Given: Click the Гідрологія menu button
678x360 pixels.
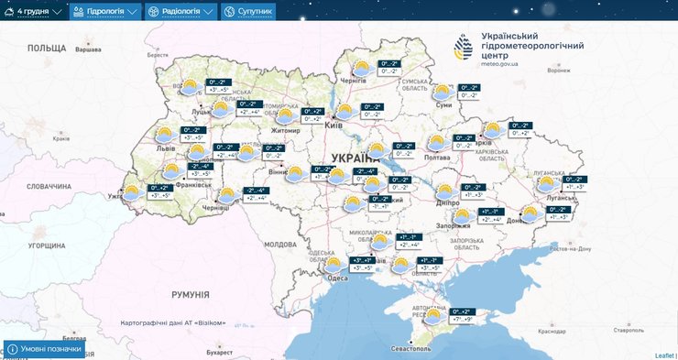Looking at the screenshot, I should point(105,12).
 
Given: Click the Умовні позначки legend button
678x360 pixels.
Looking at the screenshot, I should point(46,350).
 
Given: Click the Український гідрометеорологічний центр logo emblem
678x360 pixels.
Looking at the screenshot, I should point(466,48).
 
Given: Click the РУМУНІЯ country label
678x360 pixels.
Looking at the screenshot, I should point(191,294).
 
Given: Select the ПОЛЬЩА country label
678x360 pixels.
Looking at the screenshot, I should point(47,47).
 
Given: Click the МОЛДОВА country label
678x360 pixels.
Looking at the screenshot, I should point(280,245).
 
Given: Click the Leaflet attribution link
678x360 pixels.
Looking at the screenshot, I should point(664,355).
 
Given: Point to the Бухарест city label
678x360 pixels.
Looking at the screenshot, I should point(221,351).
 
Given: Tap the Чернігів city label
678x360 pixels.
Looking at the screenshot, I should point(354,81).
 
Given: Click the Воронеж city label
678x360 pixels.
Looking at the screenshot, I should point(558,70).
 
